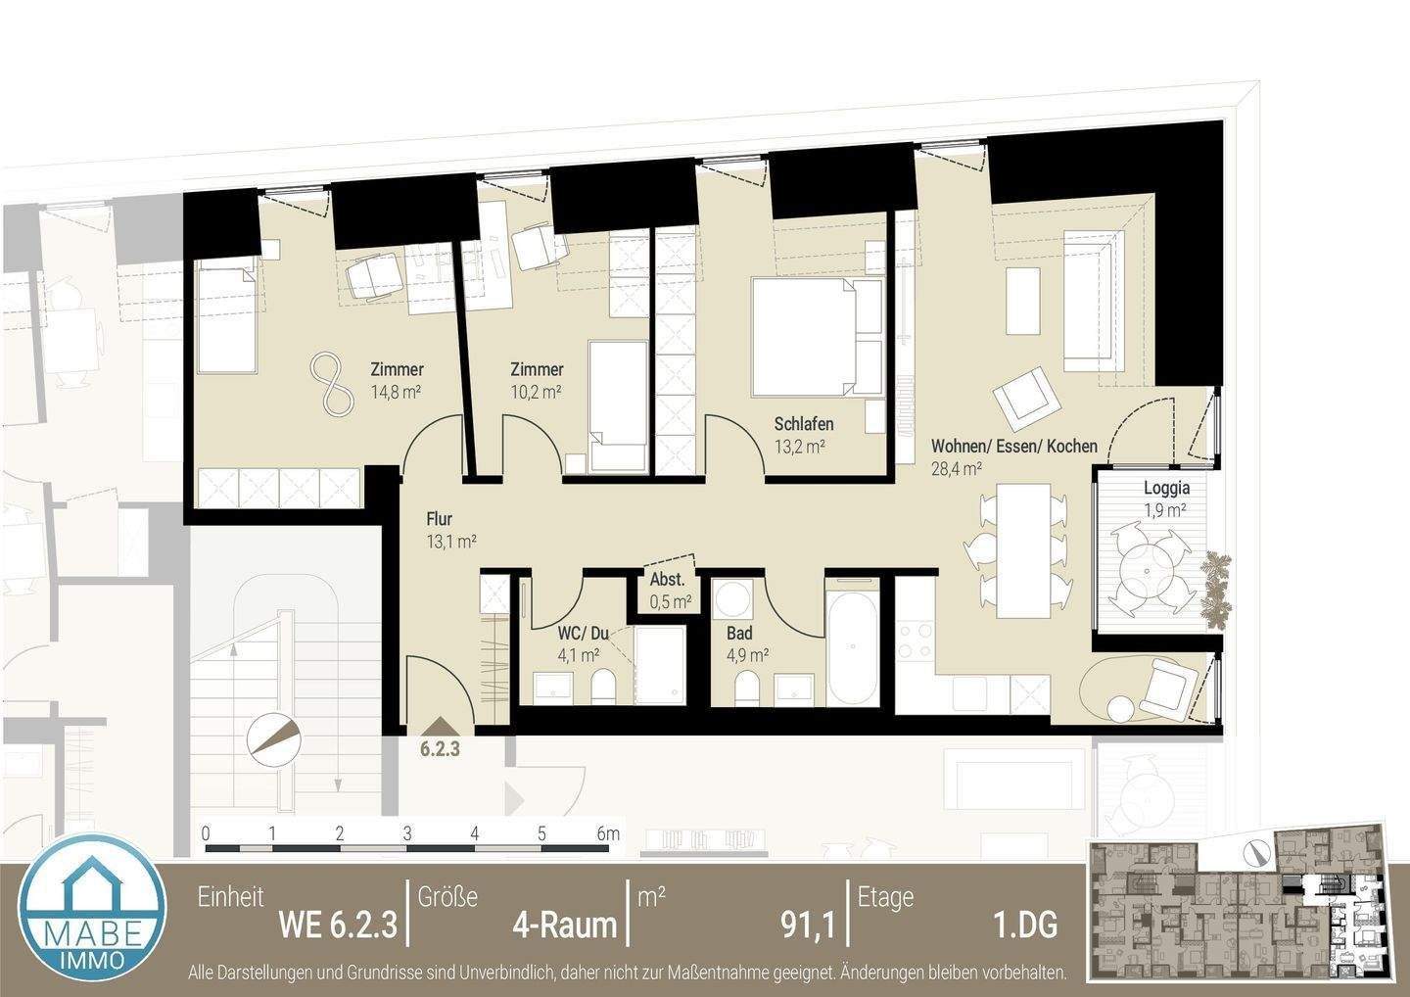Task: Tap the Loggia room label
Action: pyautogui.click(x=1166, y=488)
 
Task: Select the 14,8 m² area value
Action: pyautogui.click(x=396, y=392)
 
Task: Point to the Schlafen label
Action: pyautogui.click(x=803, y=424)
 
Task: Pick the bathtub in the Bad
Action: pyautogui.click(x=856, y=642)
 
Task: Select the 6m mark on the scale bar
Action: pyautogui.click(x=607, y=834)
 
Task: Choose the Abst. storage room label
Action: pyautogui.click(x=669, y=580)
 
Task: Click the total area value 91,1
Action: pyautogui.click(x=807, y=925)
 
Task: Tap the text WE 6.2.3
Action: pyautogui.click(x=338, y=925)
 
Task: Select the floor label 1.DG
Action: pyautogui.click(x=1024, y=925)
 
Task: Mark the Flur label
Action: pyautogui.click(x=439, y=519)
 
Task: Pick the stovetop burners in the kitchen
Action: pyautogui.click(x=916, y=638)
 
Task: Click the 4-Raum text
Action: pyautogui.click(x=565, y=925)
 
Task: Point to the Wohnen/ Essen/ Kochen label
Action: pyautogui.click(x=1013, y=447)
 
